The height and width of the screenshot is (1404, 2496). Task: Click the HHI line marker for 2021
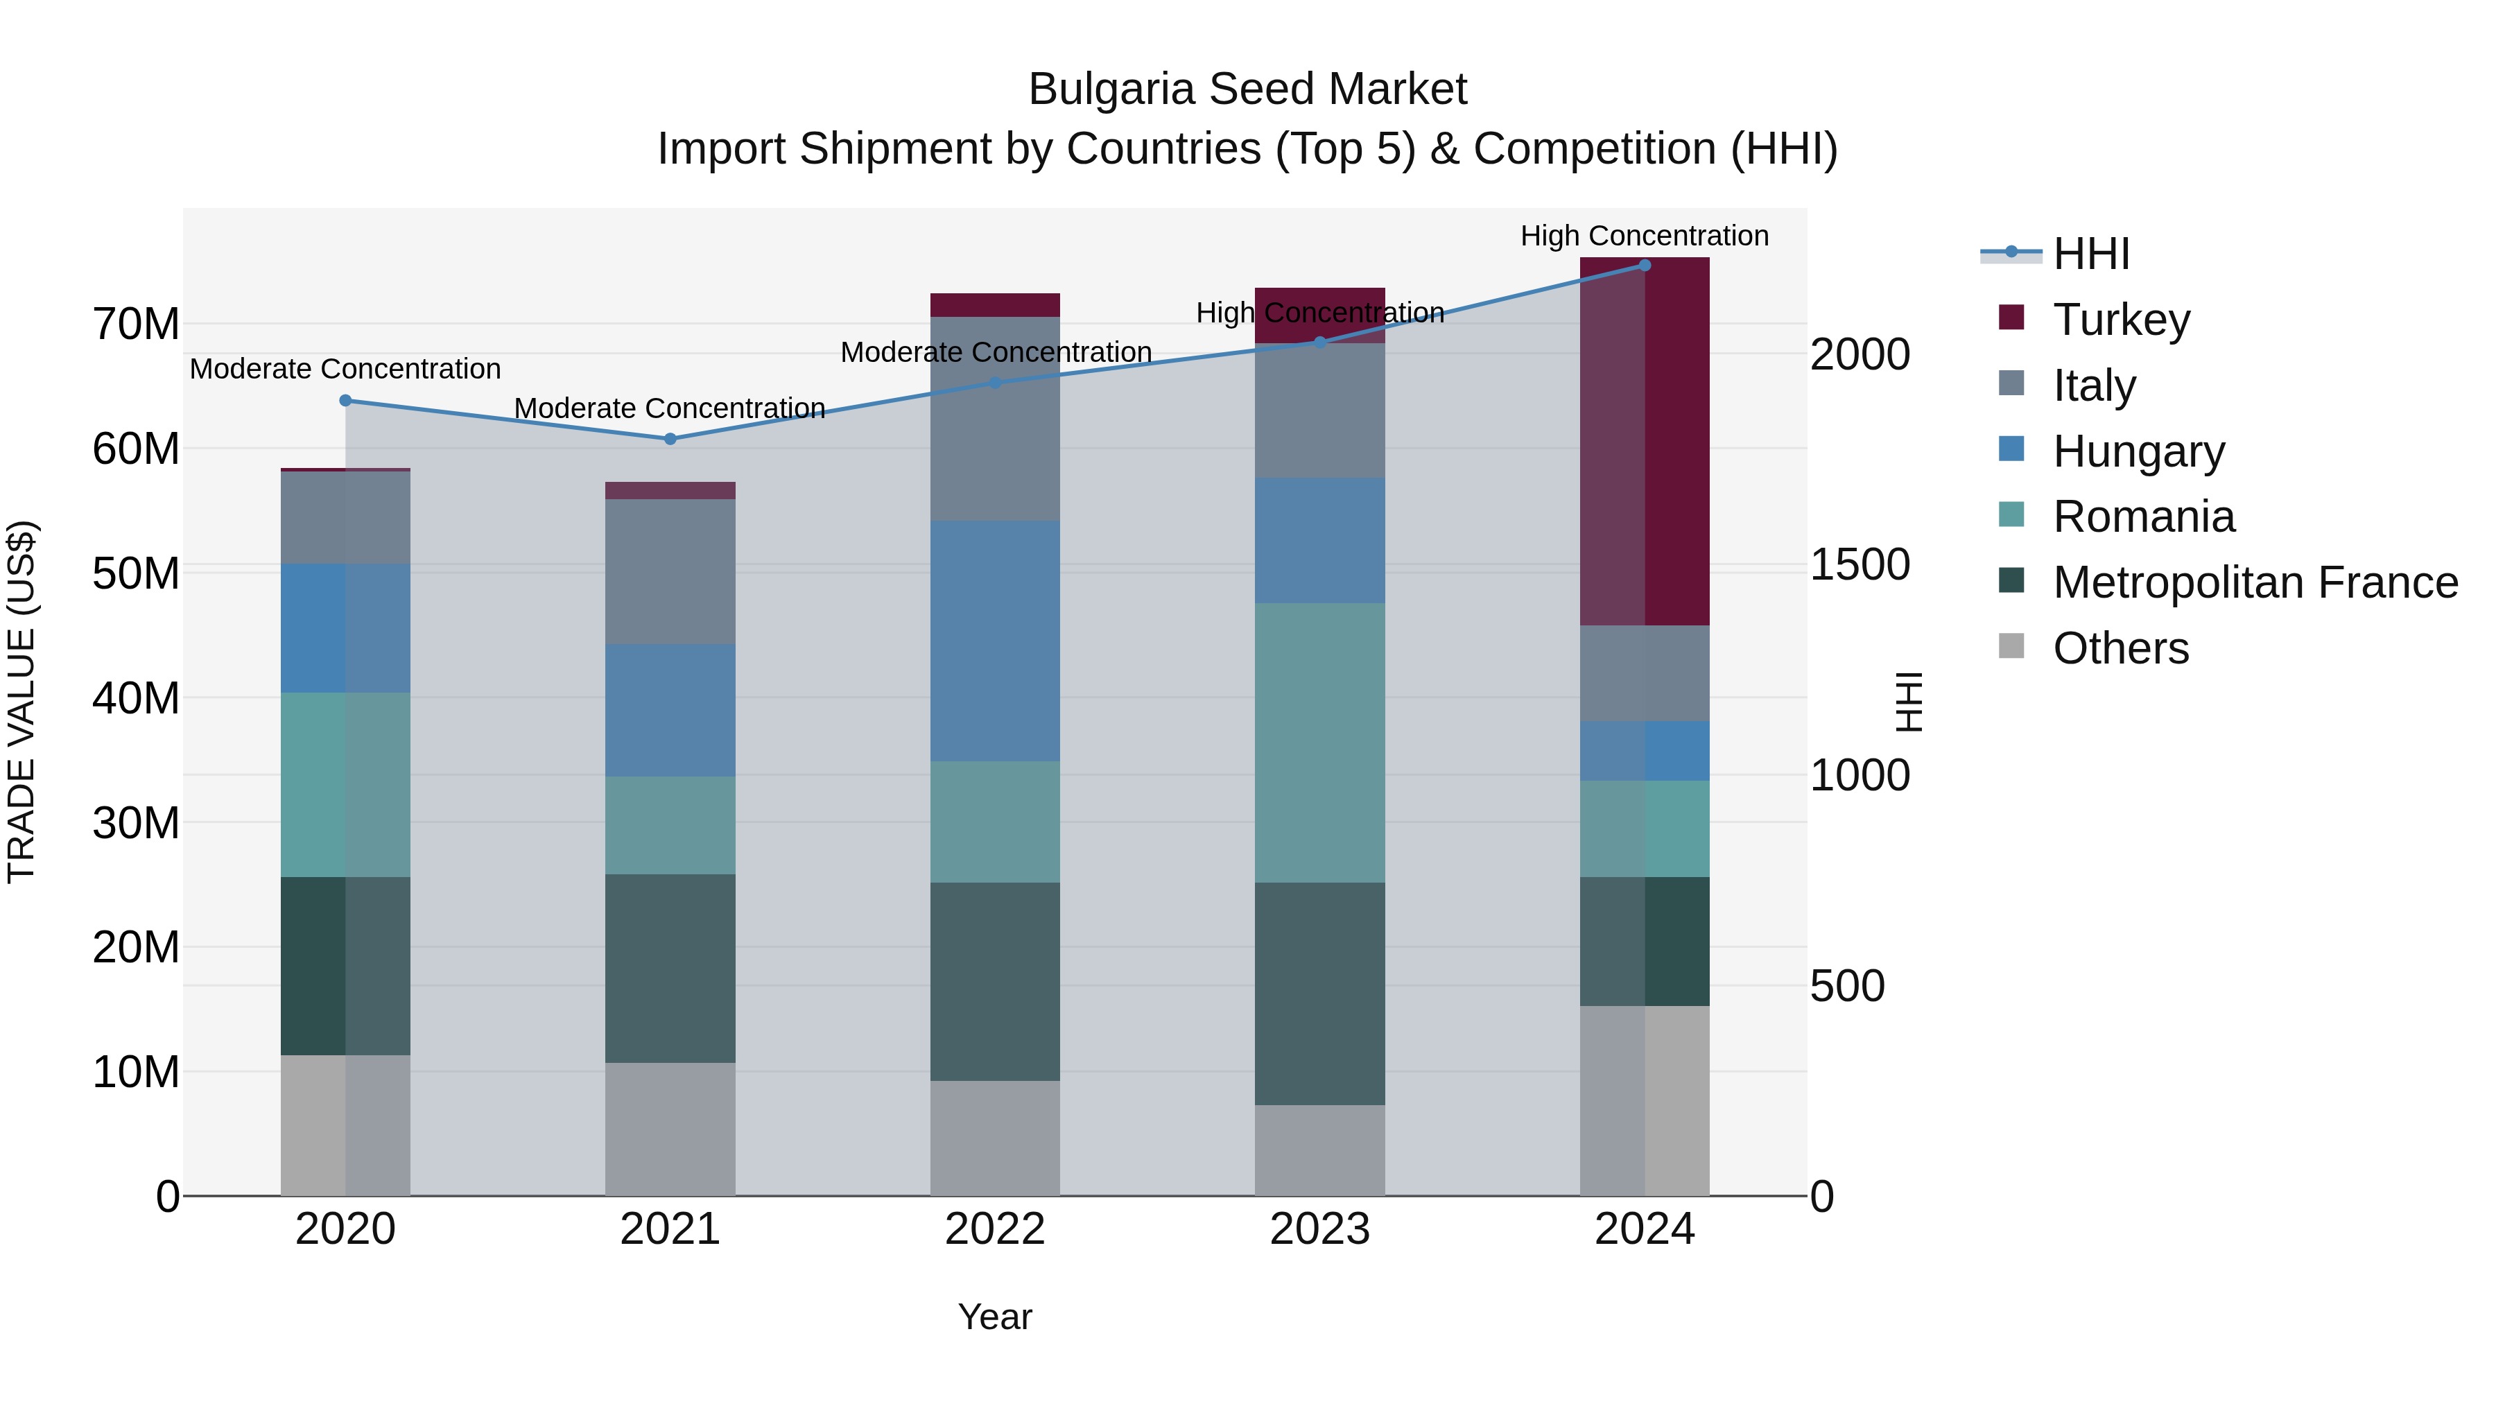pos(670,439)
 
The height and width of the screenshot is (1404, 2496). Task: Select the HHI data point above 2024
pos(1645,266)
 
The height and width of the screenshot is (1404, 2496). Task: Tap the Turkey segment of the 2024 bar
pos(1645,441)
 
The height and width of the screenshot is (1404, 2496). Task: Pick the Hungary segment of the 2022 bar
pos(995,641)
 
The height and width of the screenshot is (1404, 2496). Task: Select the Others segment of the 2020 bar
pos(345,1125)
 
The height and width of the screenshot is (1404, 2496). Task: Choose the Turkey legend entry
pos(2120,320)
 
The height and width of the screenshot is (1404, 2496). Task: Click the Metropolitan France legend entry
pos(2254,582)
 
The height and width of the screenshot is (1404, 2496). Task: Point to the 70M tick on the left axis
pos(136,324)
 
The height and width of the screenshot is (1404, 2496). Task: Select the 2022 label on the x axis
pos(995,1229)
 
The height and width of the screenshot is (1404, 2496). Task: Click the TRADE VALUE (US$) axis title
pos(21,702)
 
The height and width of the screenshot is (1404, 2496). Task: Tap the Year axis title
pos(995,1317)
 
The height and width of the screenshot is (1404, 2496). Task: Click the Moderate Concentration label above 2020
pos(345,369)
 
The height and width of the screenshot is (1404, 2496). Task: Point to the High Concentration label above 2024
pos(1645,236)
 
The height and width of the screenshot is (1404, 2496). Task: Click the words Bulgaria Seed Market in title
pos(1247,89)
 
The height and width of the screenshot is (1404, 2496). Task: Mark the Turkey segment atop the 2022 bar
pos(995,305)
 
